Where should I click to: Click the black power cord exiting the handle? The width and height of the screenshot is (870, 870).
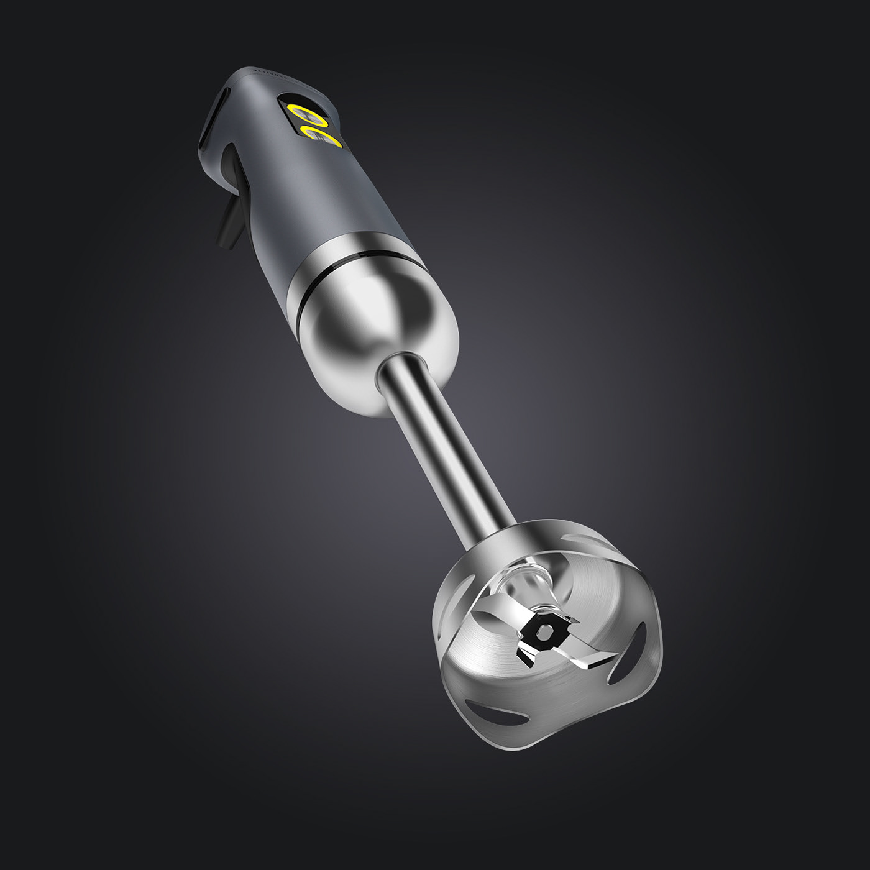[225, 224]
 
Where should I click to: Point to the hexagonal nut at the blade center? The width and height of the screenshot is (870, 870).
[545, 634]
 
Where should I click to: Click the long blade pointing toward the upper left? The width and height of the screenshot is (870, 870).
[497, 612]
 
